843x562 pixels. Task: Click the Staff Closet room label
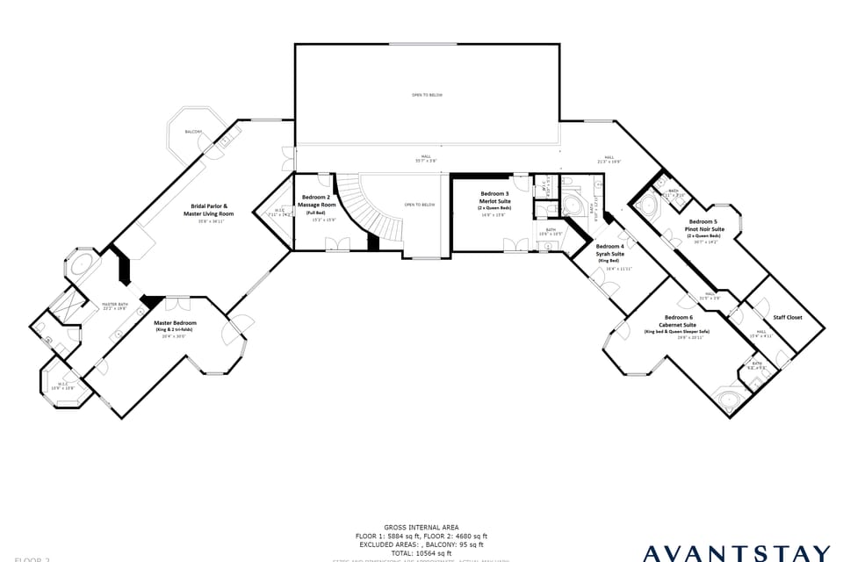pos(787,317)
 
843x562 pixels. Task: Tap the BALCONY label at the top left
pos(192,132)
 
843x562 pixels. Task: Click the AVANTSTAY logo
pos(736,553)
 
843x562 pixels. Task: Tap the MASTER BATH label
pos(115,305)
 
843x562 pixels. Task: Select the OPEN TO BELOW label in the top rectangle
pos(427,94)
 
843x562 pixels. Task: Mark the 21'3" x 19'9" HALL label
pos(609,160)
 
